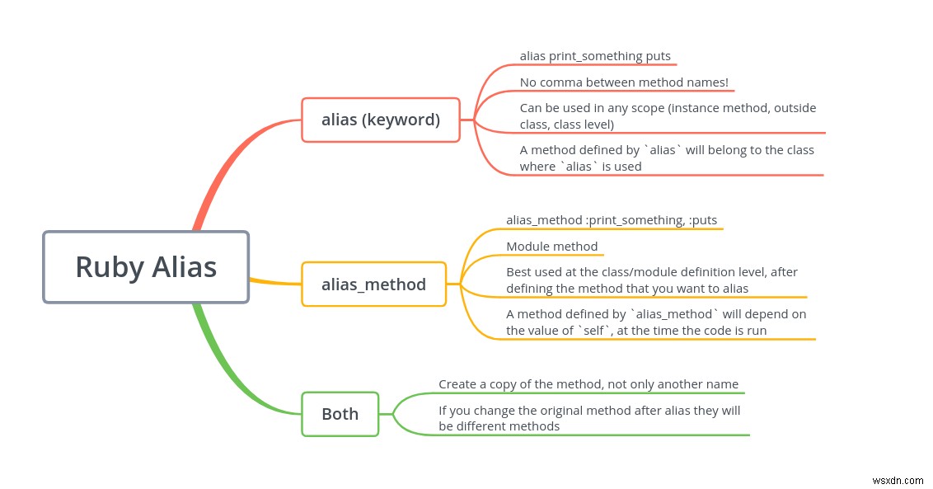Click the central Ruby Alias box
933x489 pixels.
pos(146,266)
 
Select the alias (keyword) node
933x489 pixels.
pos(381,120)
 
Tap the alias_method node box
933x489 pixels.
pos(373,284)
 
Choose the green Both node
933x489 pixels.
pos(340,413)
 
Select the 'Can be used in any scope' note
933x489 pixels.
pos(668,115)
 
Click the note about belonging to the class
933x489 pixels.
pos(666,158)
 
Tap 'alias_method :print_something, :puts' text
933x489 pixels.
pos(612,220)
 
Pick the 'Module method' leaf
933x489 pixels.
pos(551,247)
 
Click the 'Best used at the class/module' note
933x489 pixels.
pos(651,280)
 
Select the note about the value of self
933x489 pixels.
pos(656,322)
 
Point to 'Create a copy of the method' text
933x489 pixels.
pos(588,384)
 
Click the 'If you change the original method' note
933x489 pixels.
pos(589,418)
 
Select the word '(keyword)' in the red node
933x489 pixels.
pos(401,120)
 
